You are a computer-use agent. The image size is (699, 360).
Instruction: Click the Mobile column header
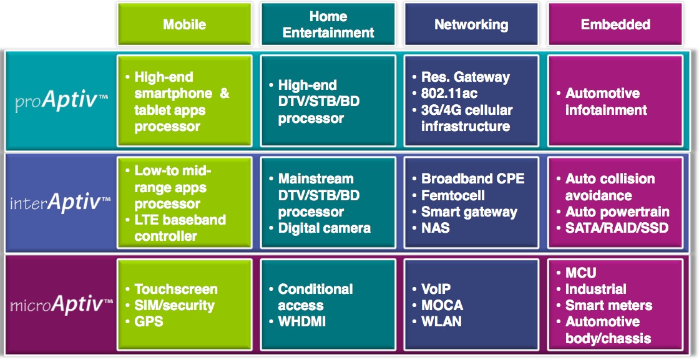click(184, 25)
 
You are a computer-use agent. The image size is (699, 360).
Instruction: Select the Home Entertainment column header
click(328, 25)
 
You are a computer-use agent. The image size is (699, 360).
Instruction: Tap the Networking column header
click(471, 25)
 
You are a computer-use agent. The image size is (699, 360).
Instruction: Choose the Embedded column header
click(615, 25)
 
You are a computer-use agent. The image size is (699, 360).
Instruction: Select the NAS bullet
click(436, 228)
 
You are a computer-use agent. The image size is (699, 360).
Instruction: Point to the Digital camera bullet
click(324, 228)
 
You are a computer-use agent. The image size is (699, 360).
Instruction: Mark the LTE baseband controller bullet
click(180, 228)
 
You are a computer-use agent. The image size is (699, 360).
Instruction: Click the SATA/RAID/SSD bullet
click(616, 228)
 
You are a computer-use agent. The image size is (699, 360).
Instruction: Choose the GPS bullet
click(149, 321)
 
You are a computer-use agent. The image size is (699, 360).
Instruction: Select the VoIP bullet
click(436, 289)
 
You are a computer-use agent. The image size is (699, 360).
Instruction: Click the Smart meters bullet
click(609, 305)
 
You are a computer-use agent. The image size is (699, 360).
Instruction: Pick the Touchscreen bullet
click(175, 289)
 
